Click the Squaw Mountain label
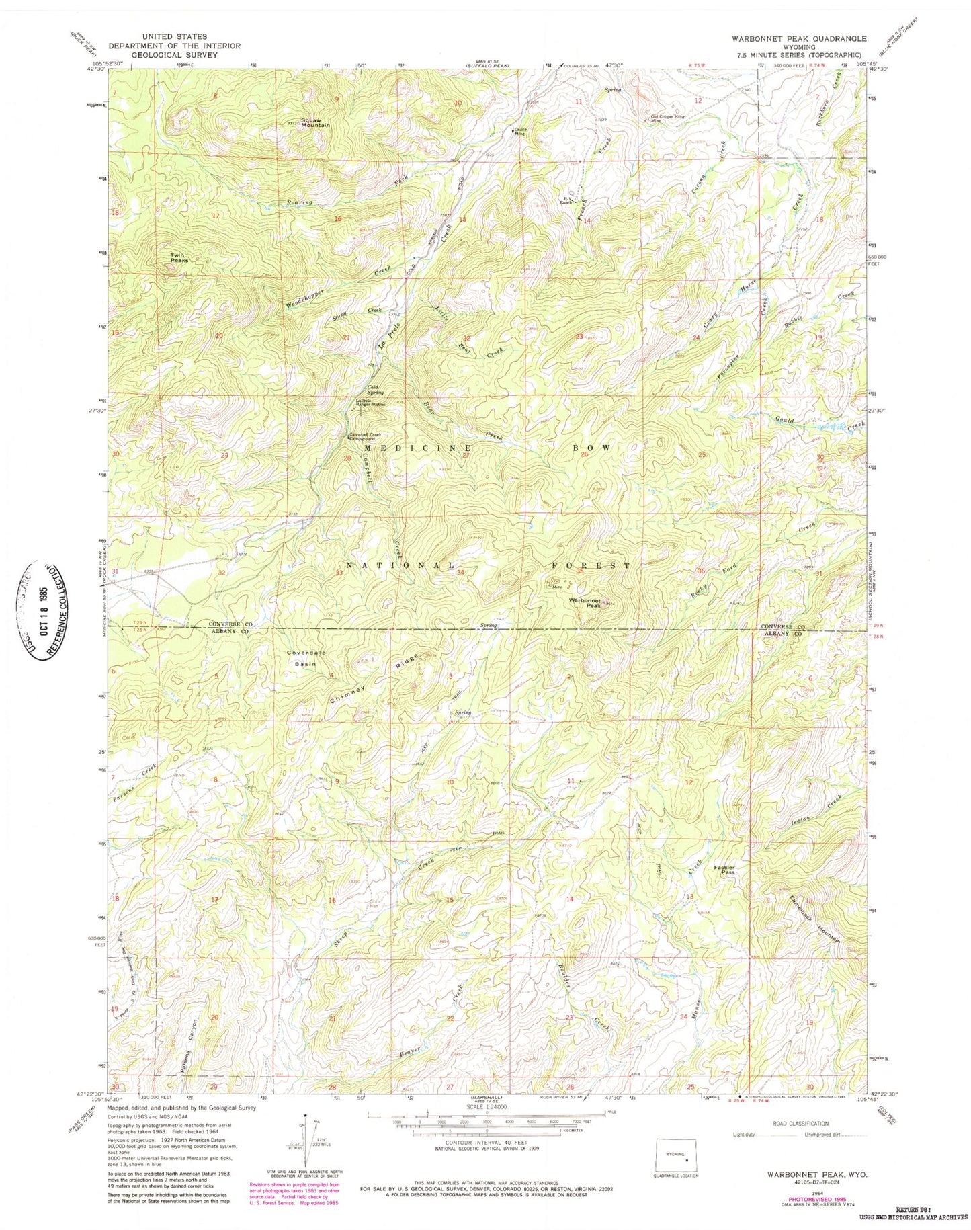[315, 123]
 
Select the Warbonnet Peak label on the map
[585, 602]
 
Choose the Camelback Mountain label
[814, 919]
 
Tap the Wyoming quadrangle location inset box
[678, 1159]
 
